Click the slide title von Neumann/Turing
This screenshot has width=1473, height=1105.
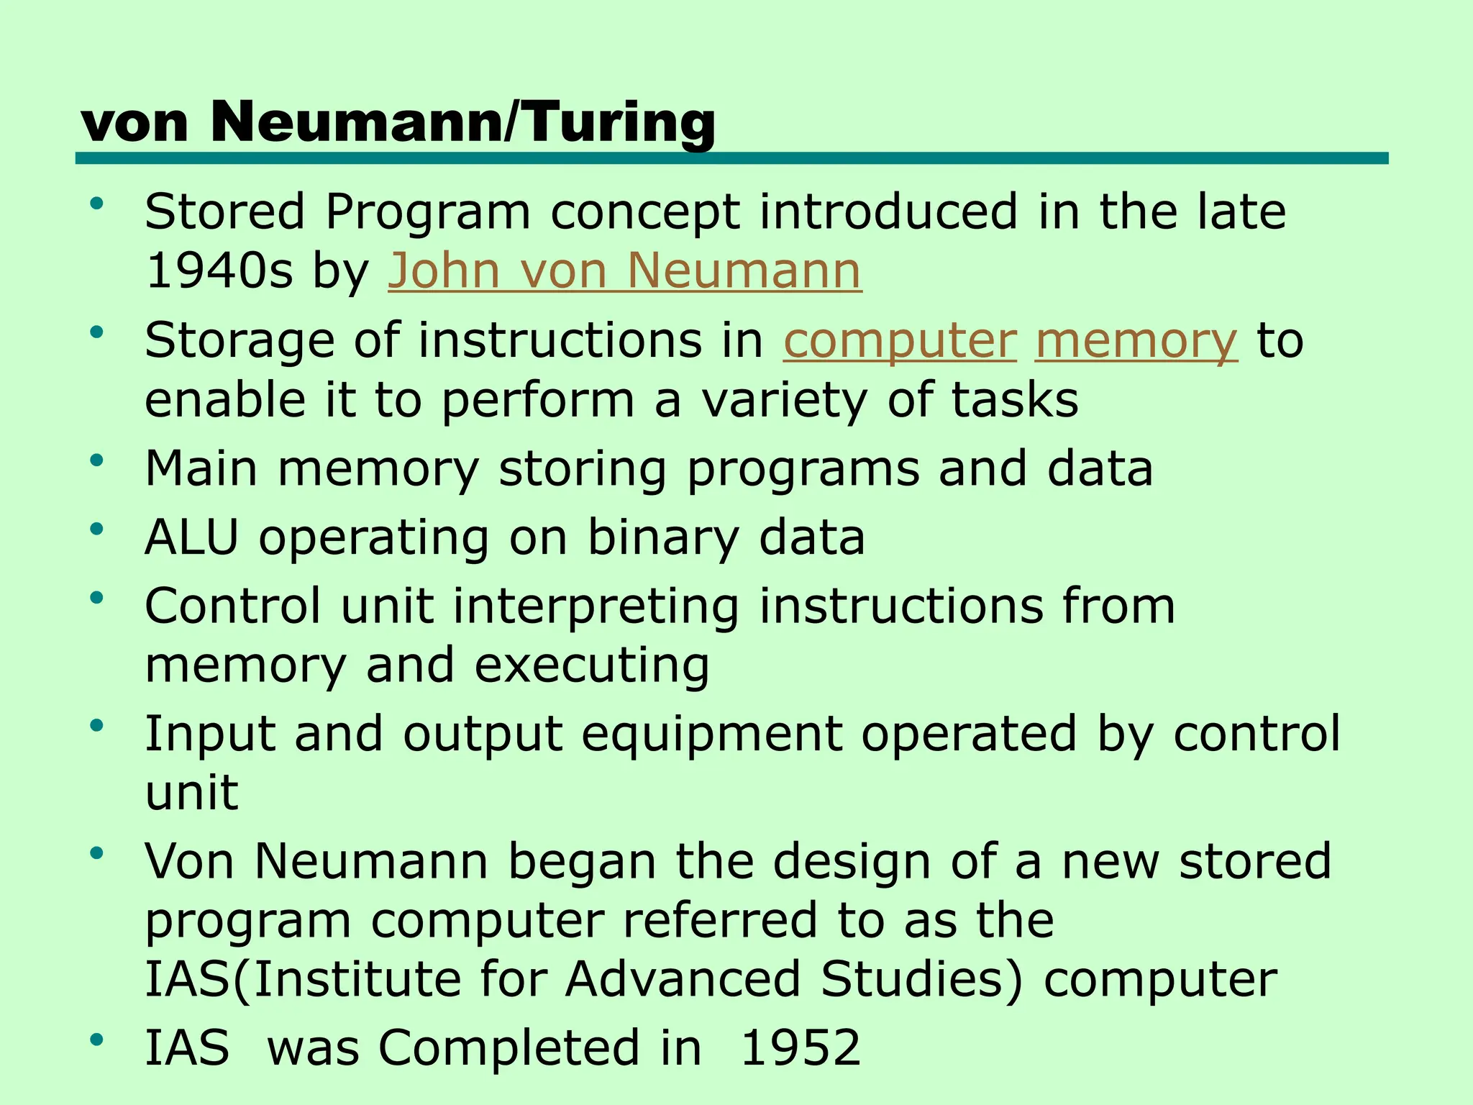[x=398, y=122]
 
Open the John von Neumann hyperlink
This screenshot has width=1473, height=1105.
[x=624, y=271]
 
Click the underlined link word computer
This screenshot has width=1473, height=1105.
[x=900, y=340]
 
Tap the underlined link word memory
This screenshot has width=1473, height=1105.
[x=1136, y=340]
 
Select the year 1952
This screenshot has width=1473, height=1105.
[x=801, y=1047]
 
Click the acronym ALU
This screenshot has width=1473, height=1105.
[x=191, y=537]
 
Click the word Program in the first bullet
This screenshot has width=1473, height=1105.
[x=427, y=213]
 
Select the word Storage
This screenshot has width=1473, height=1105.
[x=240, y=342]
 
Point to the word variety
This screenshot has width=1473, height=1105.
[x=785, y=400]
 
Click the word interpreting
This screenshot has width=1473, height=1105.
[x=596, y=606]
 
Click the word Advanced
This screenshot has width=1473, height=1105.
[x=683, y=979]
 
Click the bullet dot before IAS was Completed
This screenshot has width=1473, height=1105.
[x=97, y=1039]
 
